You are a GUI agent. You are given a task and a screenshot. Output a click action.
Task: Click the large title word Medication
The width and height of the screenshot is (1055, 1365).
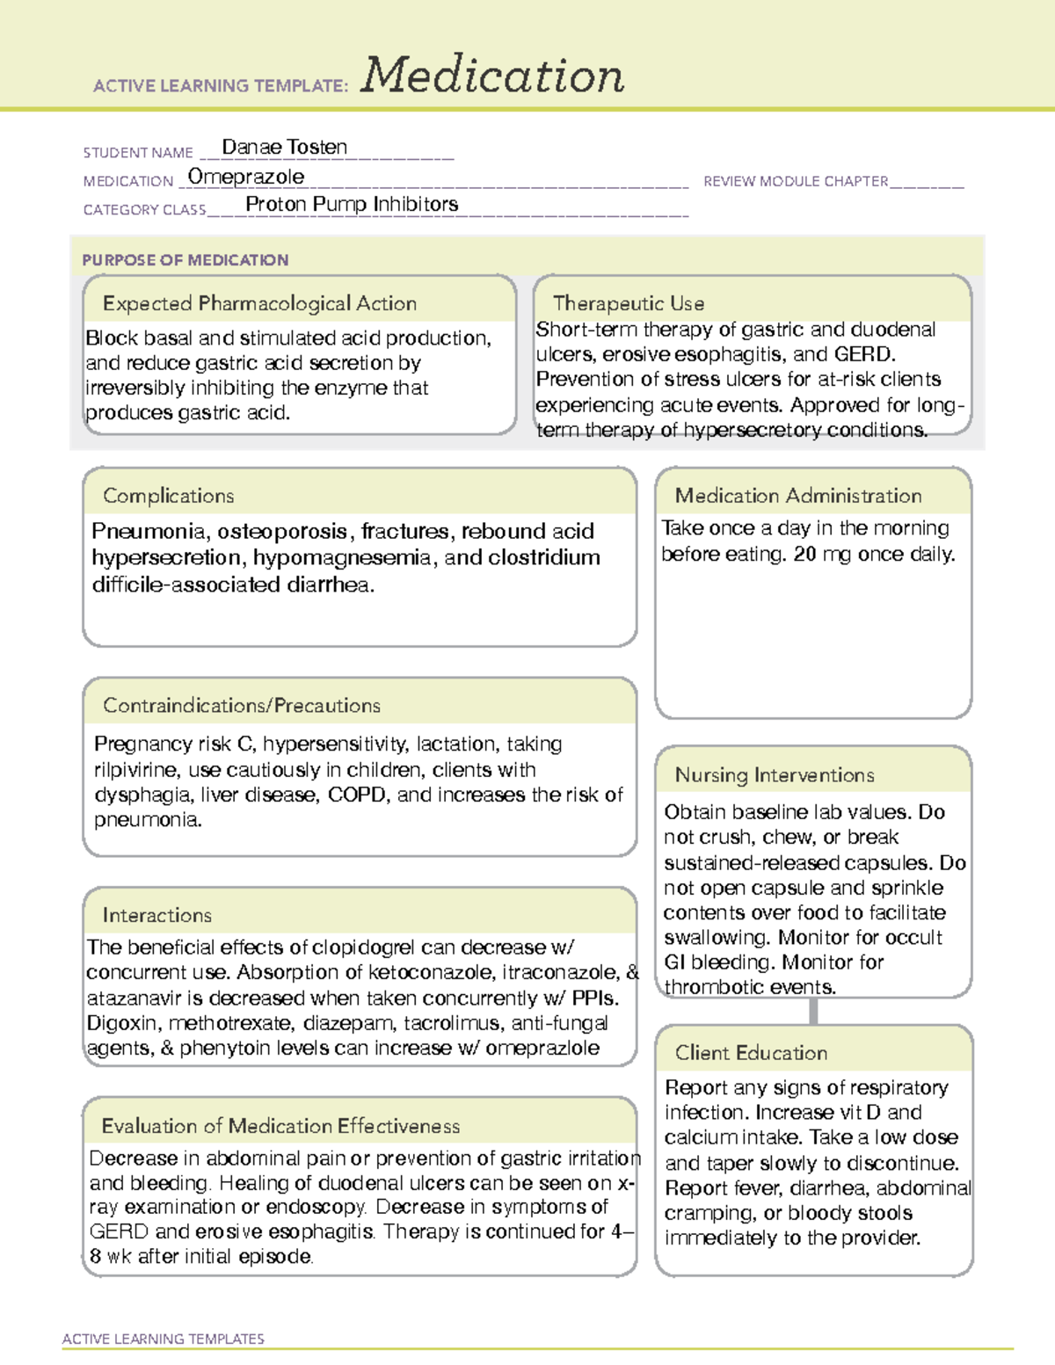(492, 76)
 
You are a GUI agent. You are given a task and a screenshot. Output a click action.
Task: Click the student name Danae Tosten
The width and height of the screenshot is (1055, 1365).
(284, 148)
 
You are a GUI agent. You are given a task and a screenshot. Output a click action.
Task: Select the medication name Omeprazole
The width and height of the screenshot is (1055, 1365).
(246, 177)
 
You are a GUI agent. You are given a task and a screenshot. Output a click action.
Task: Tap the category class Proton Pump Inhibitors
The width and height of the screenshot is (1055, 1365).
(352, 204)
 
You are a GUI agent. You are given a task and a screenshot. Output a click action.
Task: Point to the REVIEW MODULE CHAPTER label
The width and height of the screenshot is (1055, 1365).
(796, 181)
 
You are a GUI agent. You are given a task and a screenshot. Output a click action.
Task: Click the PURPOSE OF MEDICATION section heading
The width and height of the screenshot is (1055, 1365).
(185, 260)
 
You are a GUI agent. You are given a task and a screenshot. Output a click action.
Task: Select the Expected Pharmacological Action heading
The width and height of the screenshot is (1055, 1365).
(259, 303)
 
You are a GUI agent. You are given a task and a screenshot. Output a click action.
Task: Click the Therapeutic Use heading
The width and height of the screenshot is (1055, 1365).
(628, 303)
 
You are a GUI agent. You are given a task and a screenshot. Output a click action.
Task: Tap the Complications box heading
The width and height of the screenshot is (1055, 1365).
(168, 496)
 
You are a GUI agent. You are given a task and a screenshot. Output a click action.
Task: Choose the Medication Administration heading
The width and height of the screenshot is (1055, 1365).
(797, 496)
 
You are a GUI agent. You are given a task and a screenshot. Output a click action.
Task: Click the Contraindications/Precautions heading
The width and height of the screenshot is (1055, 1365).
(241, 705)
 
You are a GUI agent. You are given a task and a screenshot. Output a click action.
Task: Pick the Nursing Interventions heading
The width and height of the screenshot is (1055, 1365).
(774, 775)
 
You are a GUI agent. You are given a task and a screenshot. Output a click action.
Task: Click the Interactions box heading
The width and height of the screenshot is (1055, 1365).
(156, 915)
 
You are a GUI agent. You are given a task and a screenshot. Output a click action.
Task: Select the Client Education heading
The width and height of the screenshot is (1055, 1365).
(751, 1053)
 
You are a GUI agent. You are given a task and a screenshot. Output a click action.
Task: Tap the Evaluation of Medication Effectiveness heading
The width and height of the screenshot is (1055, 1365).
(280, 1126)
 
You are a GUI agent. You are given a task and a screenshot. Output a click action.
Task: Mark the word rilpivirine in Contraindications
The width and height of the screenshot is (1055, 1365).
(135, 770)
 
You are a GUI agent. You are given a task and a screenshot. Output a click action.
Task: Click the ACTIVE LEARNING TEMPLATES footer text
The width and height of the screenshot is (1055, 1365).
(163, 1339)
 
